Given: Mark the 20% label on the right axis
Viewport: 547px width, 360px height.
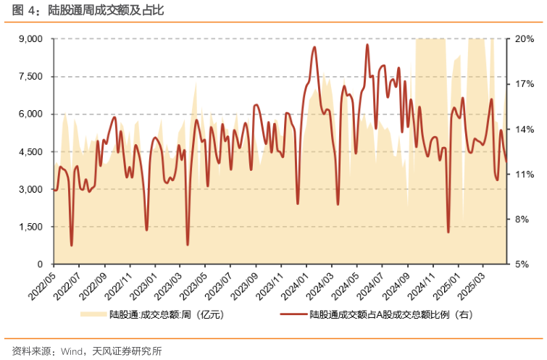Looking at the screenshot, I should click(525, 39).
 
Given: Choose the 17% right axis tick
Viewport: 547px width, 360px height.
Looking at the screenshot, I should click(525, 84).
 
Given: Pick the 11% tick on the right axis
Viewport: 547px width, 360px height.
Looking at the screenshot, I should click(525, 175).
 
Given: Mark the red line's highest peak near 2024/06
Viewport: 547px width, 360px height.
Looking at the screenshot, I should click(367, 45).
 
